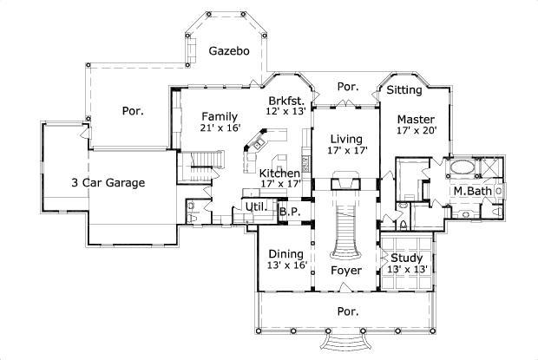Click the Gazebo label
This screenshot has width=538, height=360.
coord(230,51)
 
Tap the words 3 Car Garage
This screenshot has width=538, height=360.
coord(108,183)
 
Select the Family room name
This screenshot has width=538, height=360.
coord(220,116)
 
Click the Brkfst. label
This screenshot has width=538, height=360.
coord(285,101)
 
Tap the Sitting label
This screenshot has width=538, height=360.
coord(404,89)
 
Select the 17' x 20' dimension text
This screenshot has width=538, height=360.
coord(416,131)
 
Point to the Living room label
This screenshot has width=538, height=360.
coord(346,139)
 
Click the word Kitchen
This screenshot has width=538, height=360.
coord(280,173)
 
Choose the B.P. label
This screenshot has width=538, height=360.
coord(289,210)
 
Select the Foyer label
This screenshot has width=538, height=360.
coord(345,270)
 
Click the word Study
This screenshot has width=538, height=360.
coord(406,258)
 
